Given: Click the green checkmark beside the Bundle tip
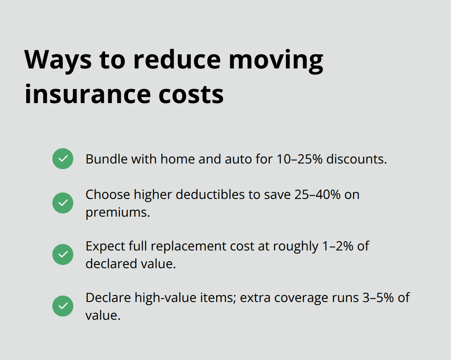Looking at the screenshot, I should point(63,159).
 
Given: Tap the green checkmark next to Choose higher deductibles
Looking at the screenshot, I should point(63,203).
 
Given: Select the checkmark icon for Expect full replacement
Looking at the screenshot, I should point(63,254).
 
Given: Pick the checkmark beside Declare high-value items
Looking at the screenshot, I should point(63,306).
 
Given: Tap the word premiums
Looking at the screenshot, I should point(118,212).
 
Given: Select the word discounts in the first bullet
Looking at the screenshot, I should point(356,159).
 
